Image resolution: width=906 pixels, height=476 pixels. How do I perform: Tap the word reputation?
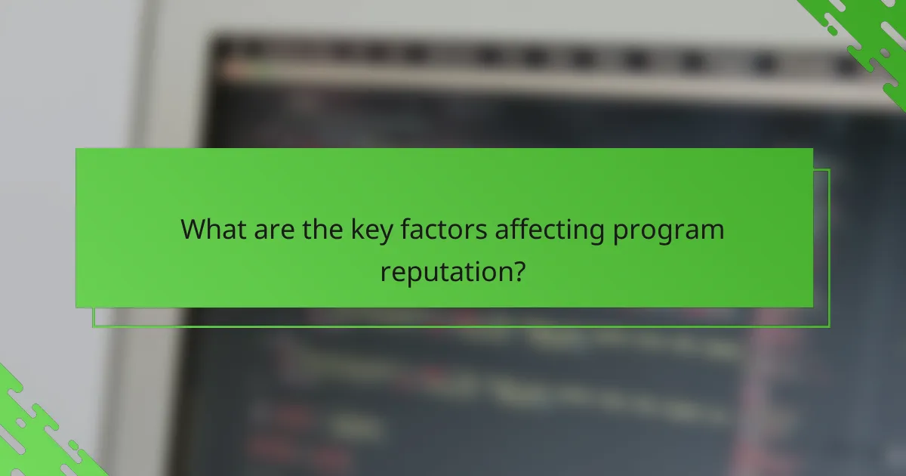(x=445, y=270)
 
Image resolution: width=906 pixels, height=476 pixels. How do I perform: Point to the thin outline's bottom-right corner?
(x=829, y=327)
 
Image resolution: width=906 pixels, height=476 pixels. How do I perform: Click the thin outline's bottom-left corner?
(x=93, y=327)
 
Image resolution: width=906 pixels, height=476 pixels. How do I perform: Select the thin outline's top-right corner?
(x=829, y=169)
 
